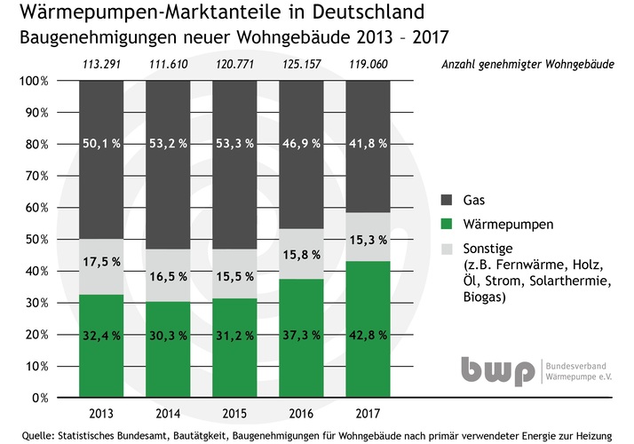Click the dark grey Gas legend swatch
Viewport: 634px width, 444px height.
(448, 202)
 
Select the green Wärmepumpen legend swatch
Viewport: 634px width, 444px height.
(448, 226)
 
